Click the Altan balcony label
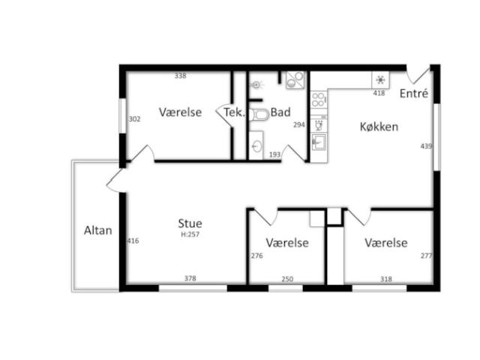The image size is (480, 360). click(98, 230)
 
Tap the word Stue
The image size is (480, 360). click(190, 223)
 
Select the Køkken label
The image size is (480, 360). click(379, 127)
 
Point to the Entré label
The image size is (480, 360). click(414, 93)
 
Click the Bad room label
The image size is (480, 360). click(280, 112)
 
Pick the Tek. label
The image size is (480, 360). click(235, 112)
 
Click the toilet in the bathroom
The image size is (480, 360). click(259, 115)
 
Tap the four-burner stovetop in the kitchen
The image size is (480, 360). click(318, 100)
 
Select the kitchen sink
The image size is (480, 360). click(319, 142)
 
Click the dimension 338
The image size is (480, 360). click(180, 76)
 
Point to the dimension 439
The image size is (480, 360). click(426, 146)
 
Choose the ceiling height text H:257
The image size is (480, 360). click(190, 235)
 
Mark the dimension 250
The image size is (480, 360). click(287, 279)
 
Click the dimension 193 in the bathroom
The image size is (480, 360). click(275, 154)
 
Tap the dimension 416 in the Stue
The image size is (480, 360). click(133, 241)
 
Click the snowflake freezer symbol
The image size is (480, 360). click(380, 80)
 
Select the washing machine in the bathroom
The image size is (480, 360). click(295, 80)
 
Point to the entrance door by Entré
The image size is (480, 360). click(418, 76)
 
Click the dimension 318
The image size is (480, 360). click(386, 279)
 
